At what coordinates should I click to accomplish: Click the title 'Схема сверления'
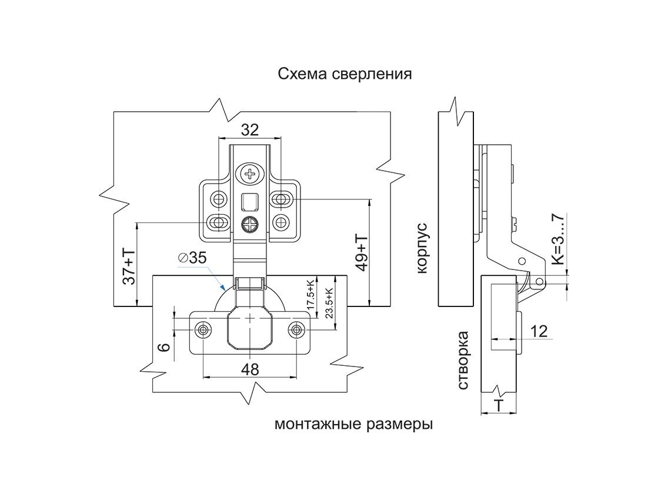(x=345, y=75)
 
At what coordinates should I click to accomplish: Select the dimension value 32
(x=250, y=130)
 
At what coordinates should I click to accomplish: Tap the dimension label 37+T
(x=128, y=266)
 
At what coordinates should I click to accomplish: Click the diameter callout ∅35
(x=192, y=258)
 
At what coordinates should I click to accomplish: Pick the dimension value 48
(x=250, y=369)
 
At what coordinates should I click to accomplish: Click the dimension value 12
(x=539, y=331)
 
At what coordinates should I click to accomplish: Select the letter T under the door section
(x=499, y=405)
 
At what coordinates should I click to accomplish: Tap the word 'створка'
(x=463, y=360)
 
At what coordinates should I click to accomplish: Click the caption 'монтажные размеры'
(x=353, y=424)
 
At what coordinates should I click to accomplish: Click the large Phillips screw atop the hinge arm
(x=250, y=174)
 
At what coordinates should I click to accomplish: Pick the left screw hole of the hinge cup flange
(x=204, y=329)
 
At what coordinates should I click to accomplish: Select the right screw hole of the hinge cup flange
(x=296, y=329)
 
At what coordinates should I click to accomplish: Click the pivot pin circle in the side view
(x=520, y=261)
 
